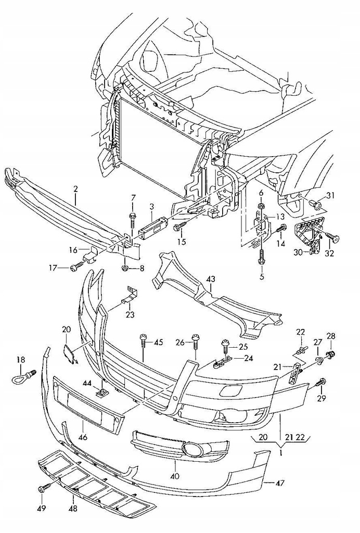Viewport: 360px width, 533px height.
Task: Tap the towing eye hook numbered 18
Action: pyautogui.click(x=21, y=378)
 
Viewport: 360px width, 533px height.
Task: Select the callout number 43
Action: pyautogui.click(x=211, y=280)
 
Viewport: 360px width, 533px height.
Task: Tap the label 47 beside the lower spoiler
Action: pyautogui.click(x=280, y=483)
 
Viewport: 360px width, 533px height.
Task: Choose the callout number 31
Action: pyautogui.click(x=331, y=196)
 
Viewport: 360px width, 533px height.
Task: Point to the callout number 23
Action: pyautogui.click(x=130, y=314)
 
